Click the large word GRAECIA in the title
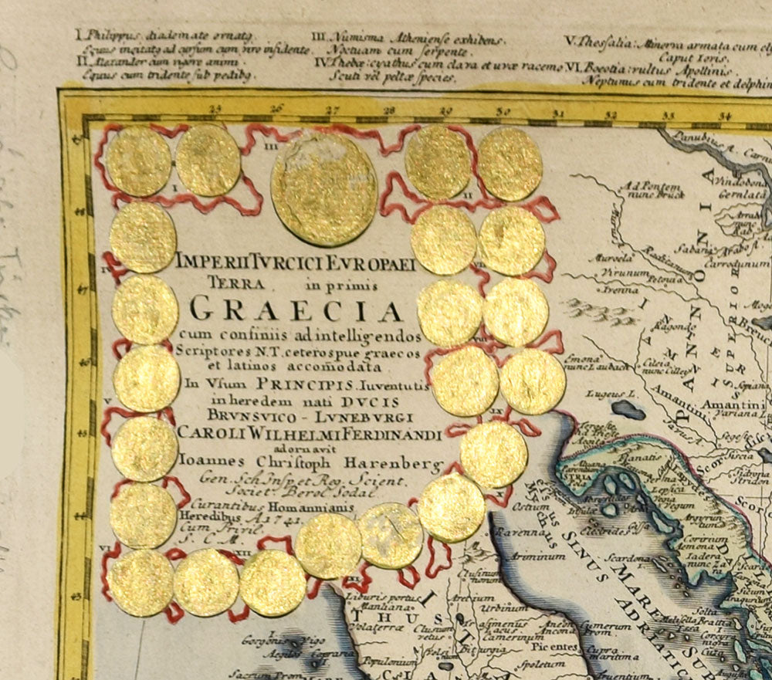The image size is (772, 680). (296, 310)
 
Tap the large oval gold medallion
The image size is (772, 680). (324, 189)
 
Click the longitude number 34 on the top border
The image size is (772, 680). (724, 117)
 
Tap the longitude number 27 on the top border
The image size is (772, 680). (331, 111)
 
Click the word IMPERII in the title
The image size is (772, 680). (208, 265)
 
